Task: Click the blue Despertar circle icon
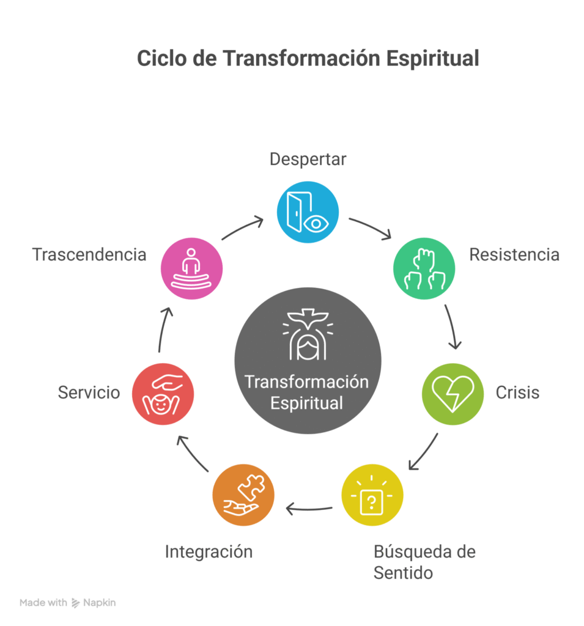point(308,212)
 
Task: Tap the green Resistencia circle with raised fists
point(424,268)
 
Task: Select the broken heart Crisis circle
point(453,394)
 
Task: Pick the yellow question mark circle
point(372,495)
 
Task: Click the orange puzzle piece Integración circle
point(243,495)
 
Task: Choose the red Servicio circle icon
point(163,394)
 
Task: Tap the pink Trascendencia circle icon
point(192,268)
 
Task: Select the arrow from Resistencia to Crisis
point(451,326)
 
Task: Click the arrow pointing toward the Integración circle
point(309,509)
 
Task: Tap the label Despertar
point(308,160)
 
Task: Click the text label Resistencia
point(514,255)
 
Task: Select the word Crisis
point(517,392)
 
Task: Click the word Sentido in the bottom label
point(403,573)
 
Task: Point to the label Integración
point(209,552)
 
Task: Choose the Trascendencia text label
point(89,255)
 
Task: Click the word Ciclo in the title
point(162,58)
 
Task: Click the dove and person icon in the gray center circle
point(308,334)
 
